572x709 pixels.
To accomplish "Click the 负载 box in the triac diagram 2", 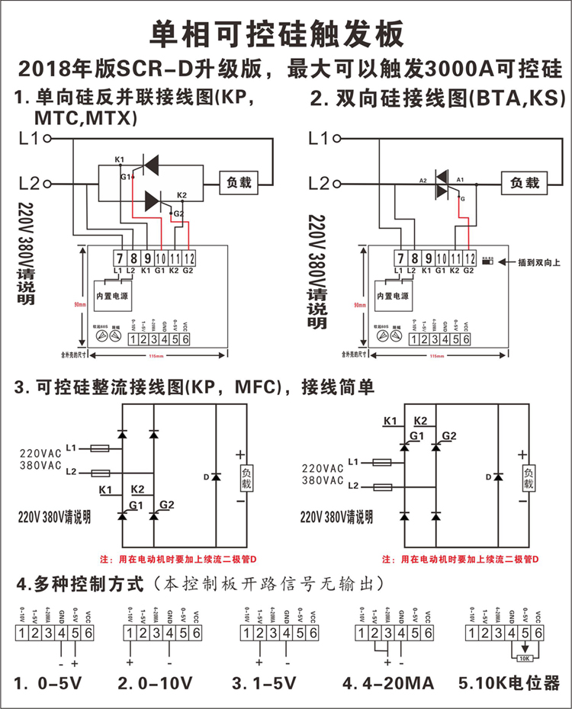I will pos(524,183).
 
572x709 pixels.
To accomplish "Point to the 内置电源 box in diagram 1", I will pos(114,294).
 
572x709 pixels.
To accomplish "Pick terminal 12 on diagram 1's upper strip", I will pos(189,258).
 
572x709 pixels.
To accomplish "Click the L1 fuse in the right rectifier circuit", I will pos(381,462).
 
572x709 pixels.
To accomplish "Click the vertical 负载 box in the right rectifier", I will pos(529,478).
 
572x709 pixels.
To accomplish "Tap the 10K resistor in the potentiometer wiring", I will pos(524,658).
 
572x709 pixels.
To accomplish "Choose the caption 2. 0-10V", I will pos(156,684).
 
